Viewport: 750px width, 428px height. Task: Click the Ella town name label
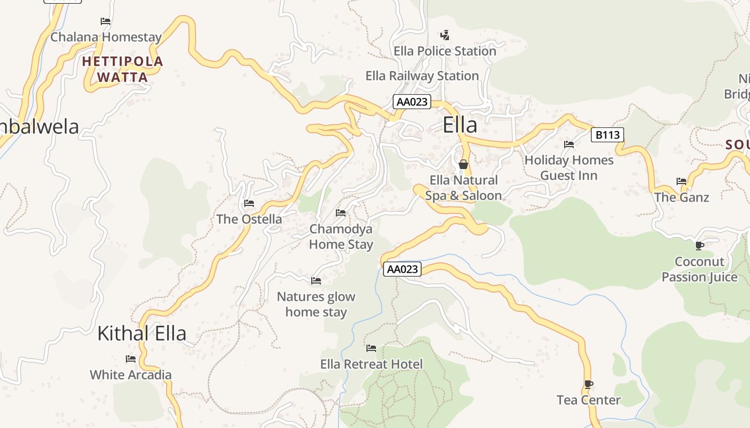[x=460, y=125]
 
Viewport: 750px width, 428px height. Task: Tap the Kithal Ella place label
[x=141, y=333]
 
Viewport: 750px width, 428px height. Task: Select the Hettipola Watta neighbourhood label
[x=123, y=69]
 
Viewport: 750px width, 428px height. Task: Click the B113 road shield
[x=608, y=135]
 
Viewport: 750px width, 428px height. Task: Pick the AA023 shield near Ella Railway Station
[x=411, y=102]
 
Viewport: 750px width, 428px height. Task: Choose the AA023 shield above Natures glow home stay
[x=402, y=269]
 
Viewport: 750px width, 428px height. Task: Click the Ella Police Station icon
[x=445, y=35]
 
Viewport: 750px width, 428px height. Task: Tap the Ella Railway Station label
[x=422, y=76]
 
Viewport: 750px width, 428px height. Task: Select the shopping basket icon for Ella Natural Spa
[x=463, y=164]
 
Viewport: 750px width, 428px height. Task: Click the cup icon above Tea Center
[x=588, y=384]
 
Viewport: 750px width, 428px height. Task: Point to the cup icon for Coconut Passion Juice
[x=699, y=246]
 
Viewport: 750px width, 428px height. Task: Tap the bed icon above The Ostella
[x=249, y=203]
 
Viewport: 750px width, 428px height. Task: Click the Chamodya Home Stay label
[x=341, y=237]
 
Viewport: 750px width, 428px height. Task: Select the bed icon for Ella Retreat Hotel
[x=371, y=348]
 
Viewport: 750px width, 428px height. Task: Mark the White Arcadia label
[x=131, y=374]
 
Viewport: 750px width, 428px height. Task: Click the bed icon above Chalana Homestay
[x=106, y=21]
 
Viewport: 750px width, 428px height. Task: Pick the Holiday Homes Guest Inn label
[x=569, y=167]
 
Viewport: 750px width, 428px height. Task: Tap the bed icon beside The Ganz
[x=681, y=181]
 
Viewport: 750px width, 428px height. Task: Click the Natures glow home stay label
[x=316, y=304]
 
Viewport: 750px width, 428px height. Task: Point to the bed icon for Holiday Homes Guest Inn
[x=569, y=144]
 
